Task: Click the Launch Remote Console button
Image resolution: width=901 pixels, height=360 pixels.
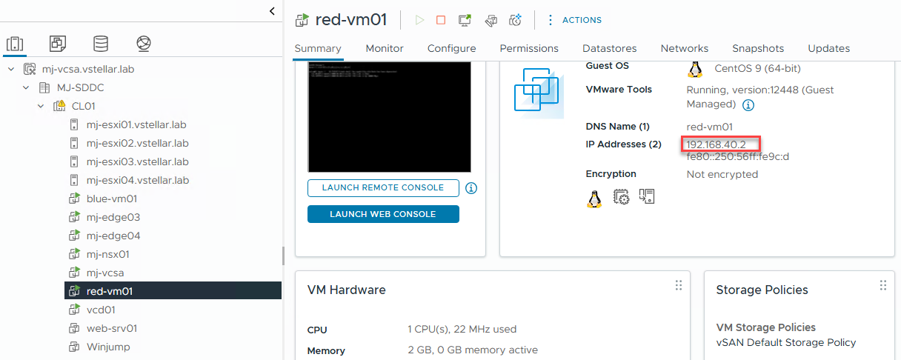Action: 382,188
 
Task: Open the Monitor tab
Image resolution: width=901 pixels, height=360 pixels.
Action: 384,48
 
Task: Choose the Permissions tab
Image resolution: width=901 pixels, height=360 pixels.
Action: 528,48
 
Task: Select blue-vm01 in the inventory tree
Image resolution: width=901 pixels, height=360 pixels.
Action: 111,199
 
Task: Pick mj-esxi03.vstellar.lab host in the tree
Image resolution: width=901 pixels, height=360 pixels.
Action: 137,161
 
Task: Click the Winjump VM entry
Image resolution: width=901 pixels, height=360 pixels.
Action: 108,347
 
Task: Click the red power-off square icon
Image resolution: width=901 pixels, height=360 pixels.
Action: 441,20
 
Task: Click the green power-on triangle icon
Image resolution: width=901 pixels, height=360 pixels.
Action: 419,20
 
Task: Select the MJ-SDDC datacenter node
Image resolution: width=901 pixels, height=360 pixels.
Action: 80,87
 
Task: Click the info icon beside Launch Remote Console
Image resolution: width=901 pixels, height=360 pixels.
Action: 471,188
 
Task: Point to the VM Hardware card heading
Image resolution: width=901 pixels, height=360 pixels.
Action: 346,290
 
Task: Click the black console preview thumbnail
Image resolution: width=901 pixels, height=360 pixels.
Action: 389,117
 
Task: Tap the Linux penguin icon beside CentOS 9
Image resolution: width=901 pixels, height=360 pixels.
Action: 694,69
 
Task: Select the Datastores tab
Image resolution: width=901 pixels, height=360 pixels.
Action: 609,48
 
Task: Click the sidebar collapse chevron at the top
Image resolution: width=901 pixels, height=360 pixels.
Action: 272,10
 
